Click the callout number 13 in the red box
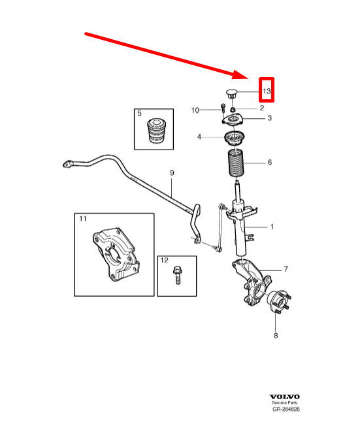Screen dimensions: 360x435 [267, 91]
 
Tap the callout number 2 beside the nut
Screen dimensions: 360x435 [262, 108]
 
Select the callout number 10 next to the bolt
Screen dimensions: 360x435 [195, 110]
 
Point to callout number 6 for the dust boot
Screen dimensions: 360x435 [270, 162]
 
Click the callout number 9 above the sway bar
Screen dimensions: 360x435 [172, 173]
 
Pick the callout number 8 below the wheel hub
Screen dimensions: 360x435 [276, 336]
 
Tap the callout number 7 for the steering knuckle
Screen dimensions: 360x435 [286, 269]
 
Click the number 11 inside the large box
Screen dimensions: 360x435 [83, 219]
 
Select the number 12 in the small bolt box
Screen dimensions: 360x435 [164, 260]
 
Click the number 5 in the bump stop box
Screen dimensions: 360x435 [139, 113]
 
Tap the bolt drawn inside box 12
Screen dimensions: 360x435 [177, 275]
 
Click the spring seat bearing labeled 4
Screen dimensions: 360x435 [235, 138]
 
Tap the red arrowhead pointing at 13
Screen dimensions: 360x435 [240, 75]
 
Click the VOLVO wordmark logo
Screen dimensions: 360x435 [285, 396]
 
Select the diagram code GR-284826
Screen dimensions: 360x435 [286, 409]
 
